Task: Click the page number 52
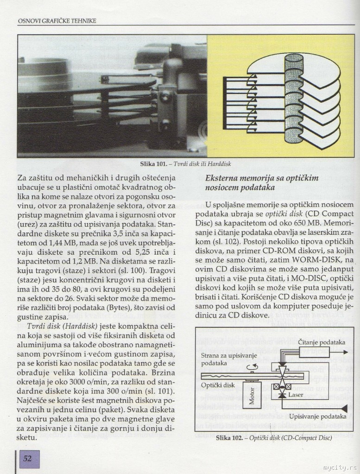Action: click(27, 458)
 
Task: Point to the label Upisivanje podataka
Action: click(317, 417)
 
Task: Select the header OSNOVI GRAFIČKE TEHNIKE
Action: click(56, 20)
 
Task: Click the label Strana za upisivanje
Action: click(229, 355)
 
